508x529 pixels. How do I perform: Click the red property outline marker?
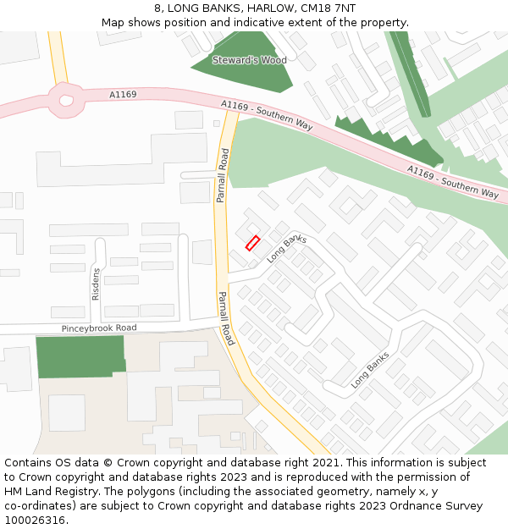coord(252,243)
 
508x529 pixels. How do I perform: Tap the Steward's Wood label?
coord(249,60)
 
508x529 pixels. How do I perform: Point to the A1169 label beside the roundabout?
coord(123,95)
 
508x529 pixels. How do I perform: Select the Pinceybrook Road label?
coord(99,328)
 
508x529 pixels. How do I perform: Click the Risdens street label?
coord(96,284)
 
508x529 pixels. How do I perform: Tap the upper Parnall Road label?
coord(222,175)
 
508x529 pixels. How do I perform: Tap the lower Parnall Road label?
coord(225,318)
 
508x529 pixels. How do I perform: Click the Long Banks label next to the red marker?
coord(287,249)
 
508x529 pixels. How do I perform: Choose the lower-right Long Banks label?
coord(370,370)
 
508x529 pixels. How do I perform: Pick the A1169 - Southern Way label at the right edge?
coord(453,182)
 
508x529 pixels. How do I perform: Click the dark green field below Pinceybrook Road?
coord(80,356)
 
